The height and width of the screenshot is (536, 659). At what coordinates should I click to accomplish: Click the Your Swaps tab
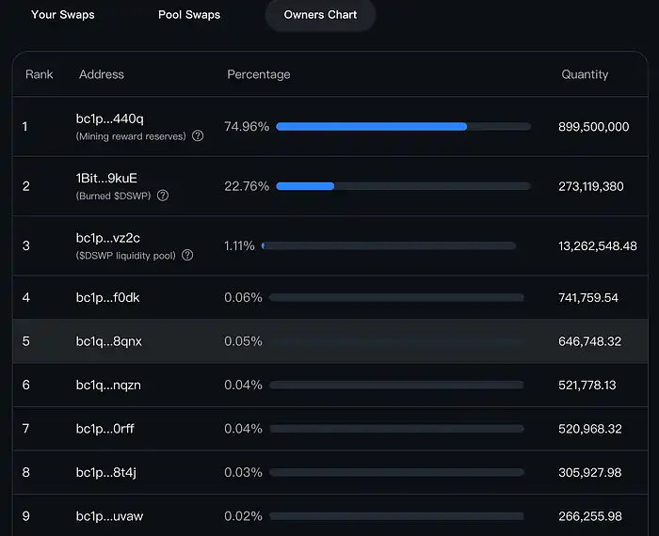(62, 15)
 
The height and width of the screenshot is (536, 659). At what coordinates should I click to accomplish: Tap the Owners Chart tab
(320, 15)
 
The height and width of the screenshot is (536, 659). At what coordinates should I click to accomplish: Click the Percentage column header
(259, 74)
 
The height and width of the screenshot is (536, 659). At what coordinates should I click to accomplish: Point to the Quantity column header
(585, 74)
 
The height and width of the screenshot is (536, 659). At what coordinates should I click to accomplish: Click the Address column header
(102, 74)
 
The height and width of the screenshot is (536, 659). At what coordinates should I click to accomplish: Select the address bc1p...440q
(110, 118)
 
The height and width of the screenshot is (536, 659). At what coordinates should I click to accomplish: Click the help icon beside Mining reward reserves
(198, 136)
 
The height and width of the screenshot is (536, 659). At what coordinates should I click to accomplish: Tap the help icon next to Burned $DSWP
(163, 196)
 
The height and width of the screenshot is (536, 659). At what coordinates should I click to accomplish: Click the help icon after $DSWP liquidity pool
(186, 255)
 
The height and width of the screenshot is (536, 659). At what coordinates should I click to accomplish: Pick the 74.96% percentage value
(247, 127)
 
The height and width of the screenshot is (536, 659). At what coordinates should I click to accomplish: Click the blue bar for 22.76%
(305, 186)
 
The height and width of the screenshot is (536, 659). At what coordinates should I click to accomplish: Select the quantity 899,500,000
(593, 127)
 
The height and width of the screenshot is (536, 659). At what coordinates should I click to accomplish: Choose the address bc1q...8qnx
(109, 341)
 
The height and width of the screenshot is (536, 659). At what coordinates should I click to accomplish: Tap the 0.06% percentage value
(243, 298)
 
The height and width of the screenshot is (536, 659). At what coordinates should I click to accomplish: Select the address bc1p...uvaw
(109, 516)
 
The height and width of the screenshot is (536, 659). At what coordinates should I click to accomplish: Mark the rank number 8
(26, 473)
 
